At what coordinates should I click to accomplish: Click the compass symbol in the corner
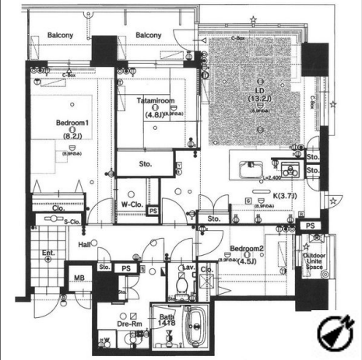click(x=336, y=333)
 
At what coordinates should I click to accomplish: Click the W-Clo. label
click(x=130, y=205)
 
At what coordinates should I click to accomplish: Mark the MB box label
click(x=79, y=278)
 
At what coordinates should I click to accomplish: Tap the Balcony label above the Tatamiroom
click(x=148, y=36)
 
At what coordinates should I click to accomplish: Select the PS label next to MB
click(x=126, y=268)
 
